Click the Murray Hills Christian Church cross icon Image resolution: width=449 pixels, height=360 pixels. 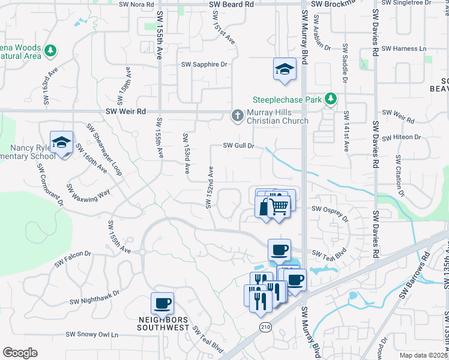click(x=238, y=115)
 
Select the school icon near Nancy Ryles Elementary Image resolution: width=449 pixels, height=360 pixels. click(x=61, y=143)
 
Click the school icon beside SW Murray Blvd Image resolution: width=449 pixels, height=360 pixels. click(x=285, y=70)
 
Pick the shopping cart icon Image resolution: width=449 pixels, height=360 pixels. click(x=279, y=206)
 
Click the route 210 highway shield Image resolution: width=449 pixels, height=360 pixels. click(x=265, y=326)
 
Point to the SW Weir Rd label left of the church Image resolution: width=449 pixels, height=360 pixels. click(x=125, y=112)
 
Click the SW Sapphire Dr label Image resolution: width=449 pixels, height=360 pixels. click(x=205, y=65)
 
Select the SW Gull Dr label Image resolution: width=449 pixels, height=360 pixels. click(x=240, y=145)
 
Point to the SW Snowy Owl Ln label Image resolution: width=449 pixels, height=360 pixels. click(x=92, y=334)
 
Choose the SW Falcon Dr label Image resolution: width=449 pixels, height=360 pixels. click(x=73, y=259)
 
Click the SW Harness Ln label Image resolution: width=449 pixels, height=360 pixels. click(x=406, y=49)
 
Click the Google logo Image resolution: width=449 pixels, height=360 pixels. click(x=20, y=353)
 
